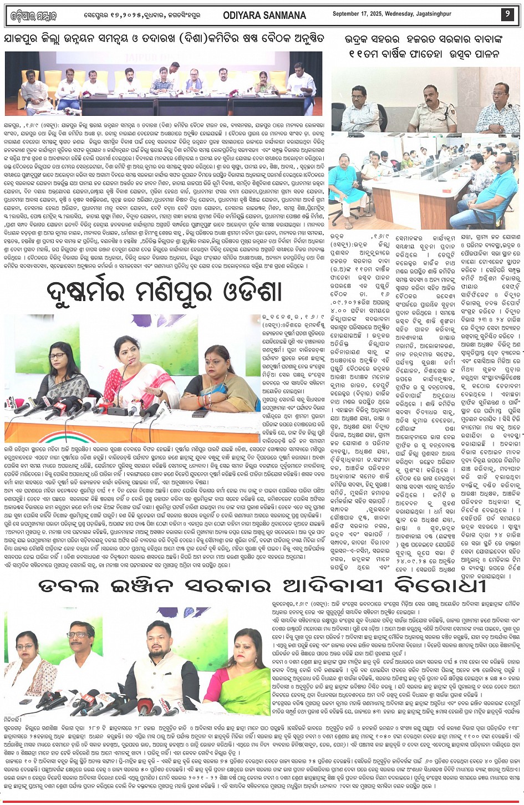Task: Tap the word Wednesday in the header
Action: (415, 15)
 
